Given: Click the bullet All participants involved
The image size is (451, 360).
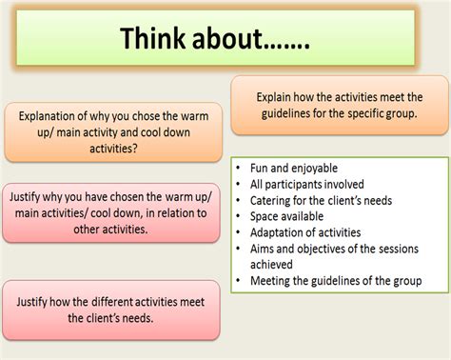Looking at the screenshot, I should (306, 184).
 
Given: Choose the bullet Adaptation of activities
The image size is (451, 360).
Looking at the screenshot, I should (305, 232).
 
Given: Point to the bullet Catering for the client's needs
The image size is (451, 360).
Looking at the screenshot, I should (321, 200).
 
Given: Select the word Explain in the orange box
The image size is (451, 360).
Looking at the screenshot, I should (277, 96).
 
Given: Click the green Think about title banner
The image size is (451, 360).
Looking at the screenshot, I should (216, 39).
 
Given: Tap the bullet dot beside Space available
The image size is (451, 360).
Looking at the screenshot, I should (238, 216).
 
